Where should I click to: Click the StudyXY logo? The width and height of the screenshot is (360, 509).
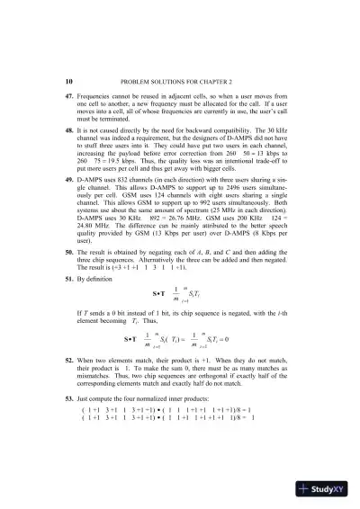point(319,490)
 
